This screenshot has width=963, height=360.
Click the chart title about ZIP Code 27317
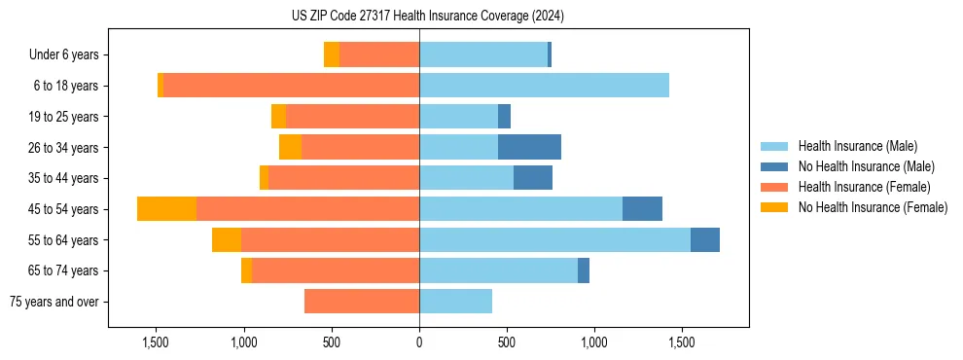[x=428, y=17]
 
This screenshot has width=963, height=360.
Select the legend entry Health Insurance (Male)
[x=857, y=146]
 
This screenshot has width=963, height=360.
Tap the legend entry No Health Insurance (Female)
[x=873, y=207]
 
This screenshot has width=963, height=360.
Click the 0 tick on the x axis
[x=419, y=342]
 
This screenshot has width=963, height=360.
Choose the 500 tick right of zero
[x=507, y=342]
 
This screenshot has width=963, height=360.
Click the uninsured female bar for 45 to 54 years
[x=166, y=209]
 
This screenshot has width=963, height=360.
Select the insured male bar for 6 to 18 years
[x=544, y=86]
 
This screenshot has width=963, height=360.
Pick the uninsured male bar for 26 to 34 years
[x=529, y=147]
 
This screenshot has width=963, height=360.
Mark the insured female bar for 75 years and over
[x=362, y=302]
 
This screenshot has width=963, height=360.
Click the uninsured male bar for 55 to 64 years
[x=705, y=239]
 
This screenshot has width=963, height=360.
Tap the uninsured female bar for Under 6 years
[x=332, y=55]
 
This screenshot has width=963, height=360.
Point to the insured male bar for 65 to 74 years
[x=498, y=270]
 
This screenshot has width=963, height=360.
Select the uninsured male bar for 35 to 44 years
[x=533, y=178]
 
